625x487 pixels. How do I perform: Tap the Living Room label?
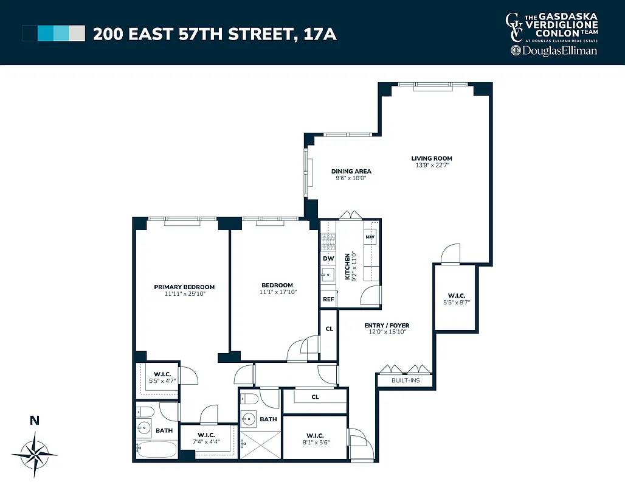pos(432,158)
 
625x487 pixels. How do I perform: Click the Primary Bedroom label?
pos(184,287)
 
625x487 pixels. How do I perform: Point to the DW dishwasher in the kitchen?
pos(328,258)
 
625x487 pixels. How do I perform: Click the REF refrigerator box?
pos(328,299)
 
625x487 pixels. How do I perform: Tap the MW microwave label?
pos(370,236)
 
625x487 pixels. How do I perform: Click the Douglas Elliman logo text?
pos(553,51)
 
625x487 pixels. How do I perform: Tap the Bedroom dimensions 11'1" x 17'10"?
pos(277,292)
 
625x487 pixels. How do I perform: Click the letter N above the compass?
pos(35,419)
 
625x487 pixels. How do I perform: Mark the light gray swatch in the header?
pos(77,33)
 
